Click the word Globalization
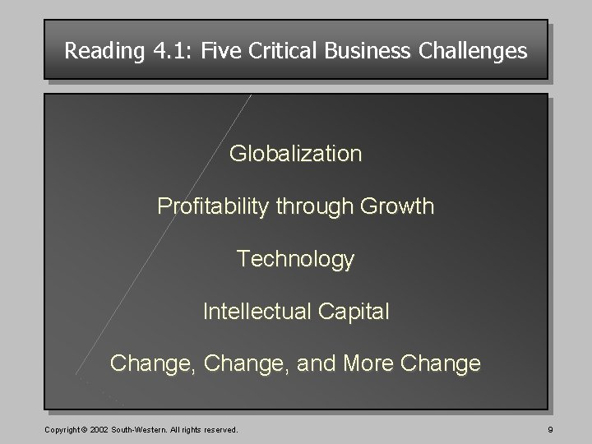pyautogui.click(x=295, y=154)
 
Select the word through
pyautogui.click(x=317, y=206)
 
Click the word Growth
pyautogui.click(x=398, y=206)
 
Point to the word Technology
pyautogui.click(x=295, y=260)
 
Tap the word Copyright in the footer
pyautogui.click(x=41, y=429)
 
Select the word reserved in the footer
pyautogui.click(x=218, y=429)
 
